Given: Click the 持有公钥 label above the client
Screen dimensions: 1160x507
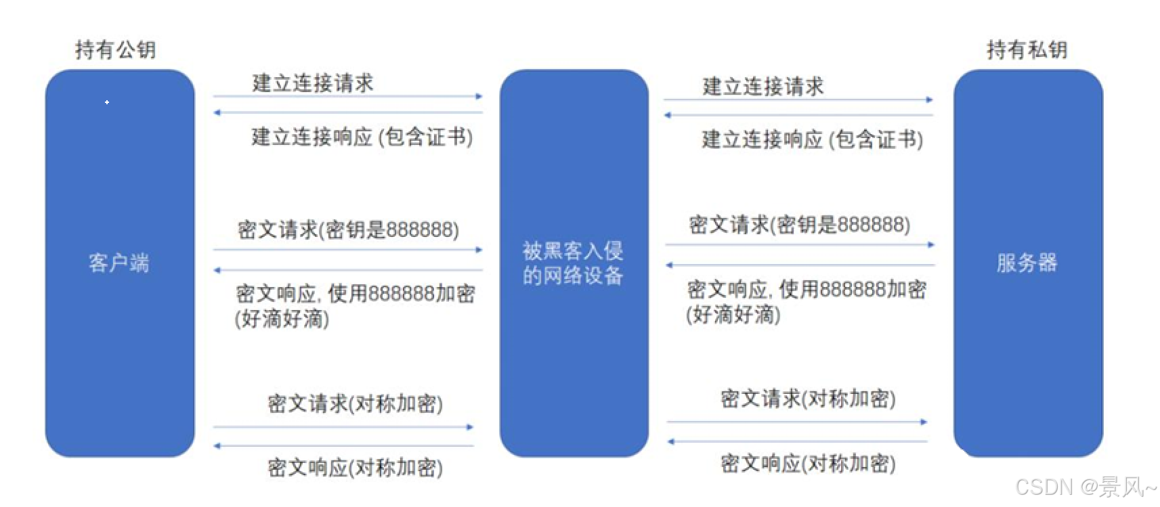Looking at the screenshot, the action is pyautogui.click(x=115, y=49).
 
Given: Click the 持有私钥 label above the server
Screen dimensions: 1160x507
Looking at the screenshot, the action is pyautogui.click(x=1027, y=49).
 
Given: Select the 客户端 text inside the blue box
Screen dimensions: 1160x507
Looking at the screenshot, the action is pyautogui.click(x=119, y=263).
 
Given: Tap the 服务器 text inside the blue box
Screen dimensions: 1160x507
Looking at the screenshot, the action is pyautogui.click(x=1027, y=263).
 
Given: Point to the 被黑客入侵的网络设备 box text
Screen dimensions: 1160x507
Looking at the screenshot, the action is pyautogui.click(x=573, y=263).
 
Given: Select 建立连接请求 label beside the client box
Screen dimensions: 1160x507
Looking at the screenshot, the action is pyautogui.click(x=313, y=83).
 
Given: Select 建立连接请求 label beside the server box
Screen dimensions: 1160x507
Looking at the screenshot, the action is pyautogui.click(x=763, y=86).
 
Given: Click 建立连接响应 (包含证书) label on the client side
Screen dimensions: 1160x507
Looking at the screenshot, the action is pyautogui.click(x=362, y=137).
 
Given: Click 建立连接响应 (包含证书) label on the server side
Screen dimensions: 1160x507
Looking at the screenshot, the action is pyautogui.click(x=812, y=139).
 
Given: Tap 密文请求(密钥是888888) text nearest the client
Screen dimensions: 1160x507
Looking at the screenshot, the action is pyautogui.click(x=348, y=229).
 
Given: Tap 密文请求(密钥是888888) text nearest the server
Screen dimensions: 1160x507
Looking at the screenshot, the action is pyautogui.click(x=799, y=225).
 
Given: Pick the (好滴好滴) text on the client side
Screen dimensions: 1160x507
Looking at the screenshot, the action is pyautogui.click(x=282, y=318).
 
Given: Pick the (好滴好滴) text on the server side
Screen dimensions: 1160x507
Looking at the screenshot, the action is pyautogui.click(x=733, y=314).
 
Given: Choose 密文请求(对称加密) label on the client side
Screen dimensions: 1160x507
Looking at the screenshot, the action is pyautogui.click(x=355, y=403).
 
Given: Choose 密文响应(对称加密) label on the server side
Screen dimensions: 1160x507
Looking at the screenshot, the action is pyautogui.click(x=808, y=464).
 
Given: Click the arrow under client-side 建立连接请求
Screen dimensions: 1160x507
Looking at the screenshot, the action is pyautogui.click(x=347, y=97).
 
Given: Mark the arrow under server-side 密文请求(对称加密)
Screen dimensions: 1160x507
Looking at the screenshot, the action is pyautogui.click(x=797, y=422).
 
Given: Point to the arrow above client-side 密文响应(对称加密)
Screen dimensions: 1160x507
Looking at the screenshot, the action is pyautogui.click(x=344, y=446).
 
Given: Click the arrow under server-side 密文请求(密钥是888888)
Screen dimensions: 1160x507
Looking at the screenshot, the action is pyautogui.click(x=800, y=244).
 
